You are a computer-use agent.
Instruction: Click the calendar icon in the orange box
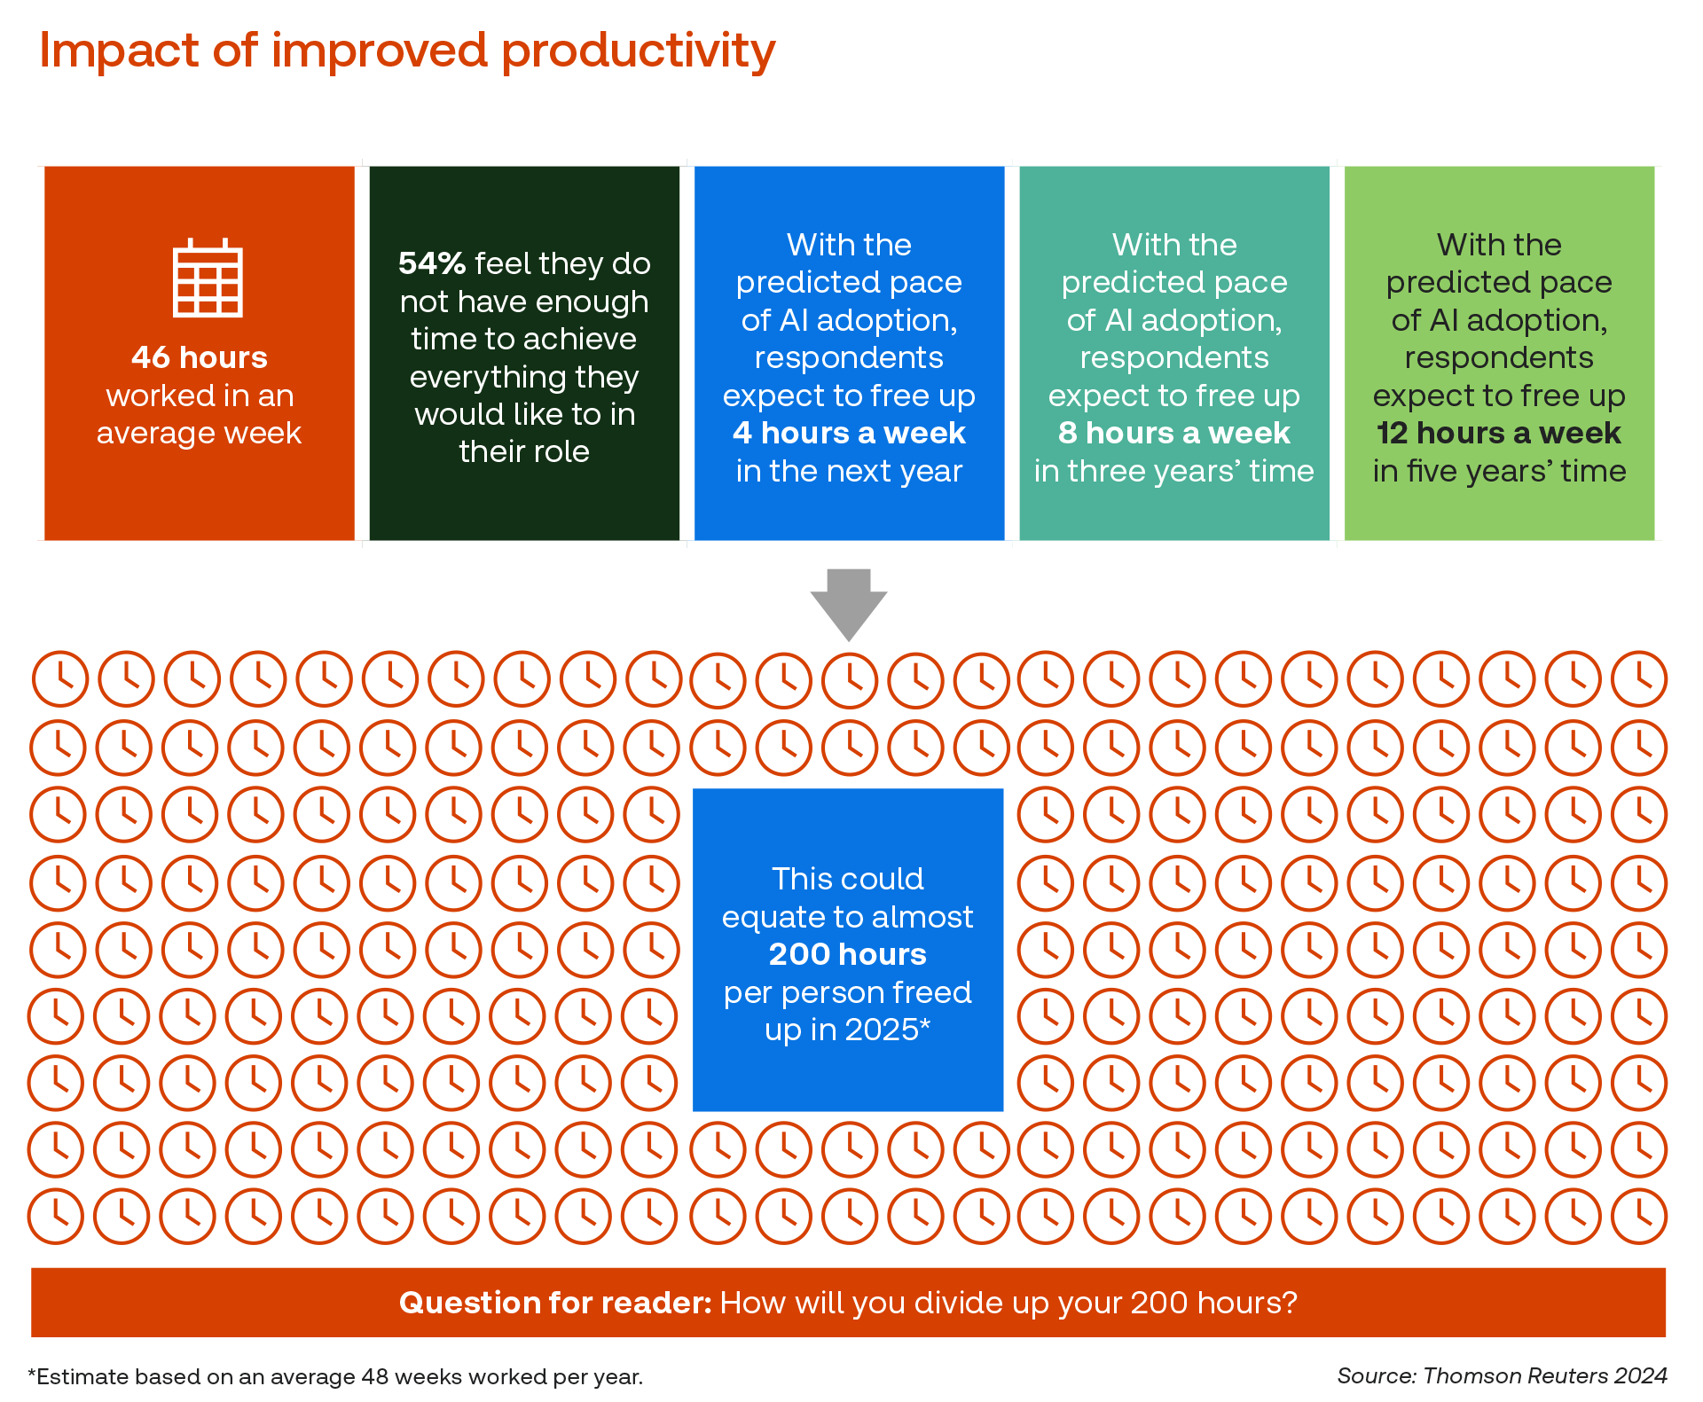point(208,278)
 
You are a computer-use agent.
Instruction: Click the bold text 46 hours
point(200,357)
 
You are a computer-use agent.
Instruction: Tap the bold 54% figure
point(432,263)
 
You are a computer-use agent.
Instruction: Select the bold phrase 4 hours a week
point(849,433)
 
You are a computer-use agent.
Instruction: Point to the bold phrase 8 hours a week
point(1174,433)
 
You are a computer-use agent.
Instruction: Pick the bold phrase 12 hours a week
point(1499,433)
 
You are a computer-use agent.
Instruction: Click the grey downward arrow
point(849,603)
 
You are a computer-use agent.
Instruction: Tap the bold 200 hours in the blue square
point(847,954)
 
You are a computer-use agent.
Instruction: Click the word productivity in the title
point(639,51)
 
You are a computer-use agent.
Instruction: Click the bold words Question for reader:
point(555,1303)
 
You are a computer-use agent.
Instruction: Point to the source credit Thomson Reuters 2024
point(1545,1375)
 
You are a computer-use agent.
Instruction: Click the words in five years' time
point(1499,471)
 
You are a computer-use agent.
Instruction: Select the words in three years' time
point(1174,471)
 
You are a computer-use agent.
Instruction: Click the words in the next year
point(849,471)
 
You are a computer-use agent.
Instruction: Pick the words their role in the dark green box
point(524,451)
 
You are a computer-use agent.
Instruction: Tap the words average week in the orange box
point(200,433)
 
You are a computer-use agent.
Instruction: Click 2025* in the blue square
point(887,1030)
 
